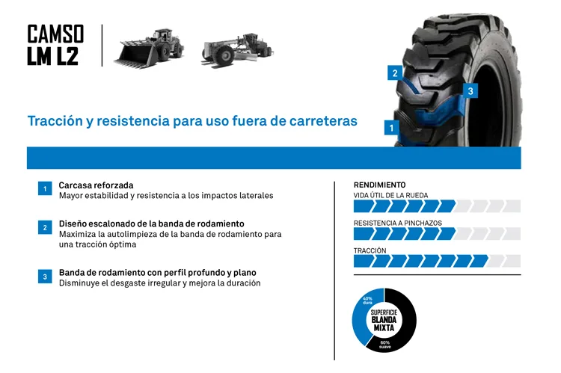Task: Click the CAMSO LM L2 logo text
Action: pyautogui.click(x=55, y=45)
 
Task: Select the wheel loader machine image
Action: pyautogui.click(x=149, y=47)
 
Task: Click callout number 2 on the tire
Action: pyautogui.click(x=395, y=73)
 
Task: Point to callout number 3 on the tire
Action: pyautogui.click(x=470, y=91)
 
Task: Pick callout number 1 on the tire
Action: pyautogui.click(x=390, y=128)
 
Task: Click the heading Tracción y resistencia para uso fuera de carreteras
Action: pyautogui.click(x=192, y=120)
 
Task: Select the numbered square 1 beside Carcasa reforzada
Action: pyautogui.click(x=45, y=189)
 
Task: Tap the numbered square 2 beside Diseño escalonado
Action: pyautogui.click(x=45, y=227)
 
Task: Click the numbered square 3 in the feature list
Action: pyautogui.click(x=45, y=277)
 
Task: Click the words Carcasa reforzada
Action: pyautogui.click(x=96, y=185)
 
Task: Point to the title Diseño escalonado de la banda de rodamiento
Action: pyautogui.click(x=151, y=224)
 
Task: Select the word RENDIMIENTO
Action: pyautogui.click(x=379, y=185)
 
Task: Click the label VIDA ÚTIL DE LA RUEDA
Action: pyautogui.click(x=390, y=195)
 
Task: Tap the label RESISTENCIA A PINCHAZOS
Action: pyautogui.click(x=397, y=223)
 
